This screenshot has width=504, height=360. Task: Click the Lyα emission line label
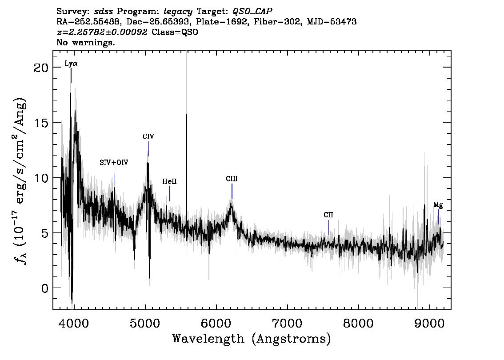coord(71,63)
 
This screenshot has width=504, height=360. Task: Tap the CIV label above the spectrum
coord(148,136)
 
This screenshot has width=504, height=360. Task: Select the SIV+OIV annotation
coord(114,162)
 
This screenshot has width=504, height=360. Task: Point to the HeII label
coord(169,181)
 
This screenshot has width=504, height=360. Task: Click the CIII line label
coord(232,179)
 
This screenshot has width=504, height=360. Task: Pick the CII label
coord(328,215)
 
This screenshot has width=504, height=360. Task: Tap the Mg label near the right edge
coord(438,205)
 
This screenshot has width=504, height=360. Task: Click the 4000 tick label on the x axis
coord(74,323)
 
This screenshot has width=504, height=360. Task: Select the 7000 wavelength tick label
coord(287,323)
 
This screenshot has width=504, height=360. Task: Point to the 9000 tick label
coord(429,323)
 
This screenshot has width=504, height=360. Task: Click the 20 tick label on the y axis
coord(41,68)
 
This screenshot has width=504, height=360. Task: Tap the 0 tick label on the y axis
coord(45,288)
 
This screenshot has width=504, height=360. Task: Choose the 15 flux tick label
coord(41,123)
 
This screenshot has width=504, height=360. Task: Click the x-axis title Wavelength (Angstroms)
coord(252,339)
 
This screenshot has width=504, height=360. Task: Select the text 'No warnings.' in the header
coord(85,42)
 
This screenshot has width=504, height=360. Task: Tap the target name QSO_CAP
coord(252,12)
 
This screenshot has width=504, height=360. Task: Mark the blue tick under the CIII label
coord(232,191)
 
